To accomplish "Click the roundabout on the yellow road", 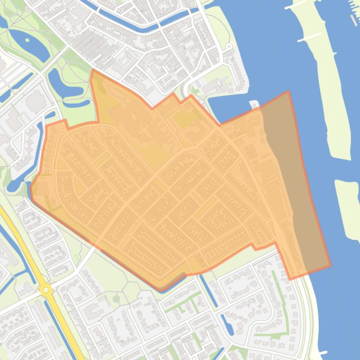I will coord(46,290).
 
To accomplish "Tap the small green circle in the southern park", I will coord(117,298).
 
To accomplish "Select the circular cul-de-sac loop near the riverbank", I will coord(229,47).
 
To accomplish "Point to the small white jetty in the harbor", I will coord(255,104).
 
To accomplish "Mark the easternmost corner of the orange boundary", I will coord(330,266).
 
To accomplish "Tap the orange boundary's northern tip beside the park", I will coord(92,71).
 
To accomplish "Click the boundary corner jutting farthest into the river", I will coord(288,92).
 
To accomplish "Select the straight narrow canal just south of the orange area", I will coord(208,290).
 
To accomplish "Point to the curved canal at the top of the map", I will coord(131,21).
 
